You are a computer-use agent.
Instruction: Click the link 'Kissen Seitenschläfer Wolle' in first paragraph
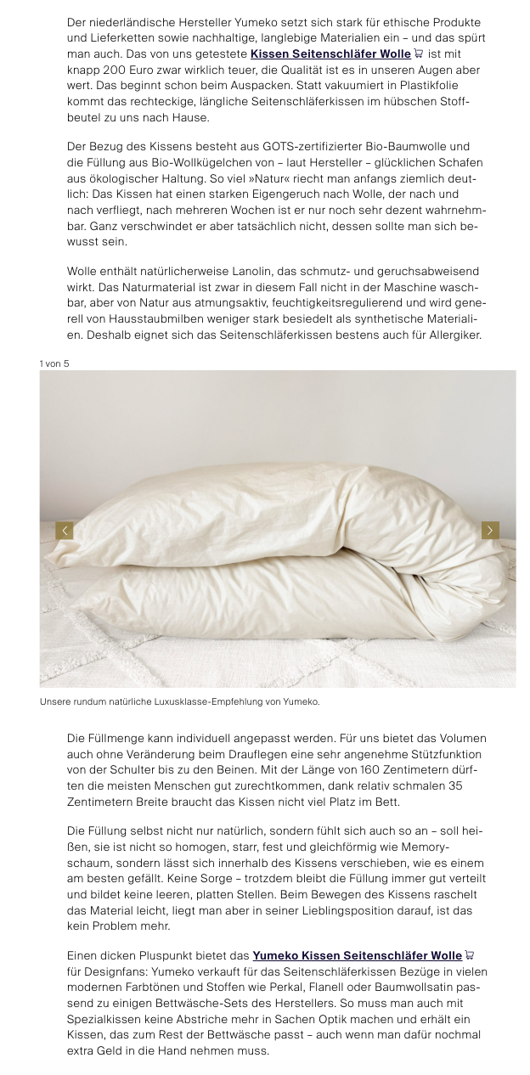(330, 53)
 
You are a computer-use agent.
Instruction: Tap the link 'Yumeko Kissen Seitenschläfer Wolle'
(357, 956)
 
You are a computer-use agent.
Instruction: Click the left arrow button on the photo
(64, 531)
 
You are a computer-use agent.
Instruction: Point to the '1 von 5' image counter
(54, 363)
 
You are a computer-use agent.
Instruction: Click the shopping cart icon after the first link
(418, 53)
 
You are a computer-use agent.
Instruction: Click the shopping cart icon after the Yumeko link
(470, 956)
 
